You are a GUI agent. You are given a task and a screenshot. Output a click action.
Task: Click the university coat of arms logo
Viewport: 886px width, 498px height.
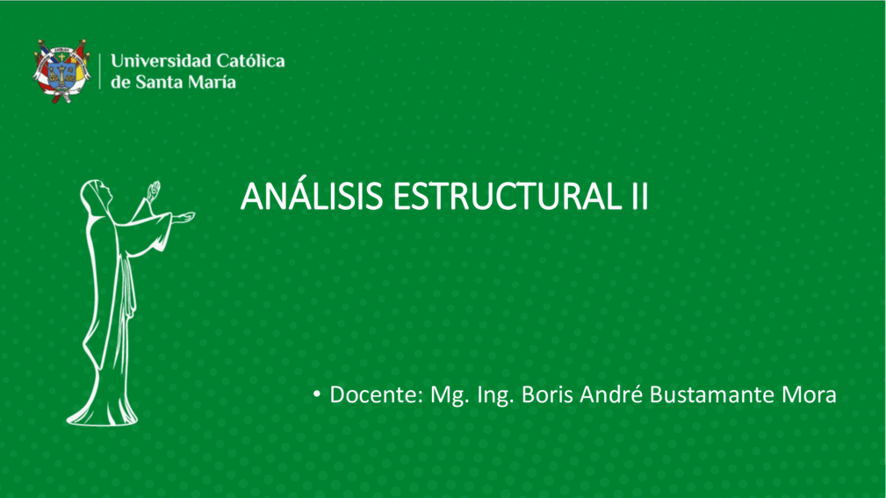(61, 70)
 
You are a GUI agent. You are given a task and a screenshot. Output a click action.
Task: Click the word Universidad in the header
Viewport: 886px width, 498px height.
(161, 61)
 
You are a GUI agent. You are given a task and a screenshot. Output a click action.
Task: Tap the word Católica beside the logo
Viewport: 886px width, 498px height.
(251, 61)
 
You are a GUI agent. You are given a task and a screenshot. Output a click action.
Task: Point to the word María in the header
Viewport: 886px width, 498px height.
(212, 82)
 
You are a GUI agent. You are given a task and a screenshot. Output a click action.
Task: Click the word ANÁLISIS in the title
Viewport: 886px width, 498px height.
(312, 196)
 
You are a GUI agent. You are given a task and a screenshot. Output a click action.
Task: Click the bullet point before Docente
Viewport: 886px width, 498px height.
(317, 393)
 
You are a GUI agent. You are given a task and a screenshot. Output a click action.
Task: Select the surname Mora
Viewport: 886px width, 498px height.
(809, 394)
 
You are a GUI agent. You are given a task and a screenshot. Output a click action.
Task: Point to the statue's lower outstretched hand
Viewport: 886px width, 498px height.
(183, 218)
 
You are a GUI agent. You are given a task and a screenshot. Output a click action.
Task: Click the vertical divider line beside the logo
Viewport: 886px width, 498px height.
(100, 71)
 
